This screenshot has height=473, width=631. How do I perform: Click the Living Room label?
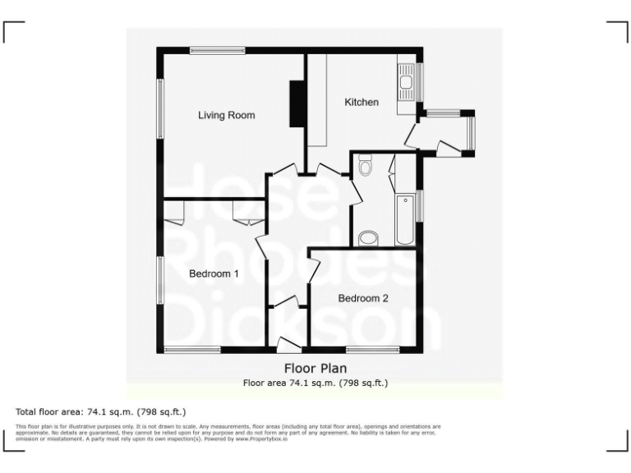click(226, 115)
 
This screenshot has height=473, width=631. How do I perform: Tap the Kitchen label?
click(362, 103)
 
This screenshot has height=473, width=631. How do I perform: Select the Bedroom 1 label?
click(214, 274)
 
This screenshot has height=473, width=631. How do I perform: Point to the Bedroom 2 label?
click(363, 298)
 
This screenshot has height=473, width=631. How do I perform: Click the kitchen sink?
click(406, 79)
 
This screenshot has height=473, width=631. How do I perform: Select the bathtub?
click(405, 220)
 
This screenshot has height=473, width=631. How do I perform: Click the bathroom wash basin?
click(369, 239)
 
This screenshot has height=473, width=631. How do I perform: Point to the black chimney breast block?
click(296, 104)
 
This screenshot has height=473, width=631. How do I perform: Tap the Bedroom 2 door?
click(313, 270)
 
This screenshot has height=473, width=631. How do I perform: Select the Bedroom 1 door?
click(262, 246)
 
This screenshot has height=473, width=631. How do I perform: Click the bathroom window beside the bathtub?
click(420, 205)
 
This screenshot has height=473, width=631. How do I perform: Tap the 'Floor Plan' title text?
click(315, 368)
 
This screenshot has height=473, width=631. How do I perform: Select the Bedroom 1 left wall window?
click(161, 279)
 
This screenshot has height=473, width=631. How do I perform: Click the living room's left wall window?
click(161, 108)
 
